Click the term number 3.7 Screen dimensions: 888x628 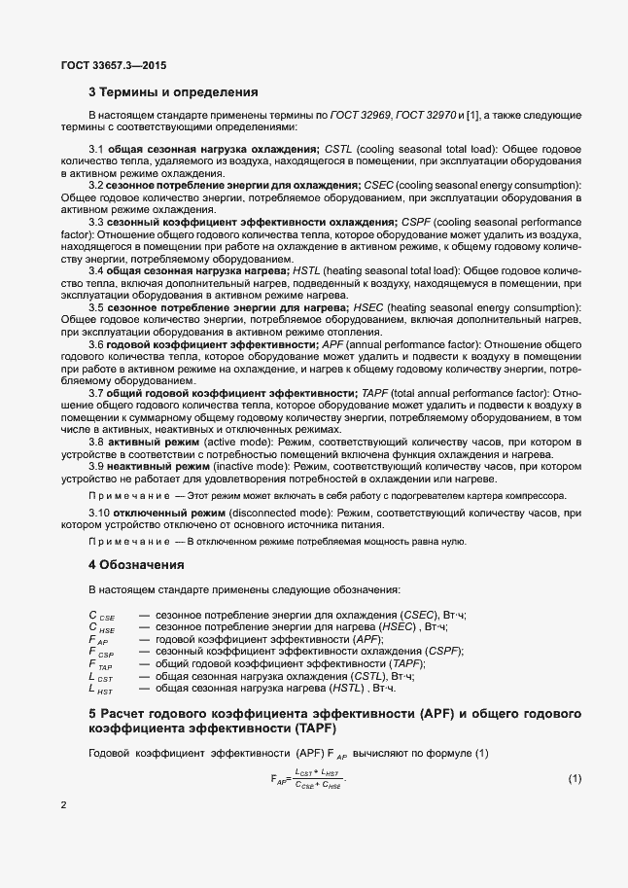click(97, 392)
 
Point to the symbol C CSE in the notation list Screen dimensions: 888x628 click(101, 617)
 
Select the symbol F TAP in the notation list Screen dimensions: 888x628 click(100, 663)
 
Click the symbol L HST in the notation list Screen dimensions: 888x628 click(100, 689)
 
